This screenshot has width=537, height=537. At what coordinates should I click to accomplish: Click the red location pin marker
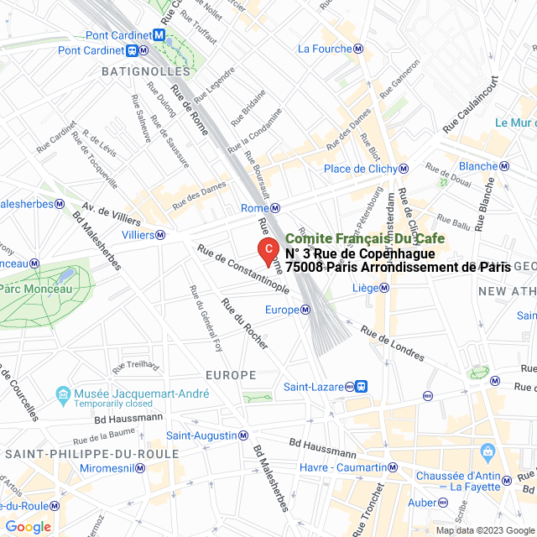pyautogui.click(x=267, y=250)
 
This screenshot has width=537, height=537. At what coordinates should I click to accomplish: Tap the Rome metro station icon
pyautogui.click(x=275, y=208)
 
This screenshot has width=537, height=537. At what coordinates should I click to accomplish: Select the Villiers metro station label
pyautogui.click(x=138, y=235)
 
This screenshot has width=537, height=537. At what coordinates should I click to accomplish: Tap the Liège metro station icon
pyautogui.click(x=384, y=288)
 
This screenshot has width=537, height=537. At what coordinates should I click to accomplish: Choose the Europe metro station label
pyautogui.click(x=282, y=310)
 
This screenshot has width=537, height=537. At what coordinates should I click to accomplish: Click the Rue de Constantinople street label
pyautogui.click(x=243, y=268)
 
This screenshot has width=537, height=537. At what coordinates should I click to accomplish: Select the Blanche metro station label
pyautogui.click(x=478, y=166)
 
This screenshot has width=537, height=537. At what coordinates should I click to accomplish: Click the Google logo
pyautogui.click(x=28, y=527)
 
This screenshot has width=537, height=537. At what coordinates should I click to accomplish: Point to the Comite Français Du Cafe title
pyautogui.click(x=365, y=239)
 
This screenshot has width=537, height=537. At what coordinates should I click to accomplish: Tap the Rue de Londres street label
pyautogui.click(x=394, y=343)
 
